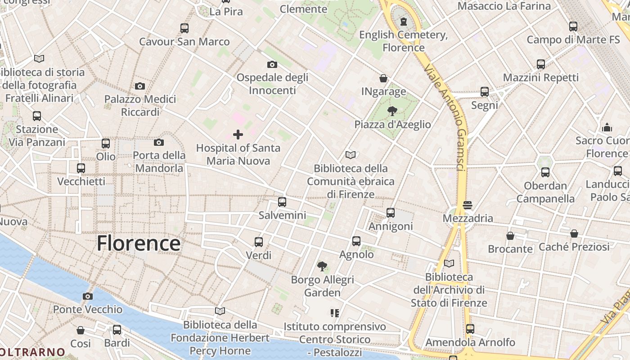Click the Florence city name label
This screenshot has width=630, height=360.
coord(139,243)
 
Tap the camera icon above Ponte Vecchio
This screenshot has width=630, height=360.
coord(88,296)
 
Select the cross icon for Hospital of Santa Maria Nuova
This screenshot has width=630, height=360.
coord(238,134)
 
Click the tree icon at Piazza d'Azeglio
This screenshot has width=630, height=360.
coord(392,111)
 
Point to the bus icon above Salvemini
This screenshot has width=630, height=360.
coord(282,202)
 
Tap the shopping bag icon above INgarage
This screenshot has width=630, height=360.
coord(383,78)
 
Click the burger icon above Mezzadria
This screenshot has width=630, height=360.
coord(468,205)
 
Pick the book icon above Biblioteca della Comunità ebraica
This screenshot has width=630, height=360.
coord(351,155)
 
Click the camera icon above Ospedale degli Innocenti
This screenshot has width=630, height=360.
coord(272,64)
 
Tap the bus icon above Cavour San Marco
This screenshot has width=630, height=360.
coord(184,28)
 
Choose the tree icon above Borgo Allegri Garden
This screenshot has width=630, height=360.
coord(322,266)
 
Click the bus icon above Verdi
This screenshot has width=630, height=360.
coord(259,242)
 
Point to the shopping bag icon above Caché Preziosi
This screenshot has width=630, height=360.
coord(574,234)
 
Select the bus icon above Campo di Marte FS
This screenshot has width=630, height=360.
coord(573,27)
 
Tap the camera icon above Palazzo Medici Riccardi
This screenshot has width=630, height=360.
coord(140,86)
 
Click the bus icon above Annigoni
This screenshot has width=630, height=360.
coord(391,213)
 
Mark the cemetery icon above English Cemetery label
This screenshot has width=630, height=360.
coord(404,21)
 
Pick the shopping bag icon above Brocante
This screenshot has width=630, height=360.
coord(510,236)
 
